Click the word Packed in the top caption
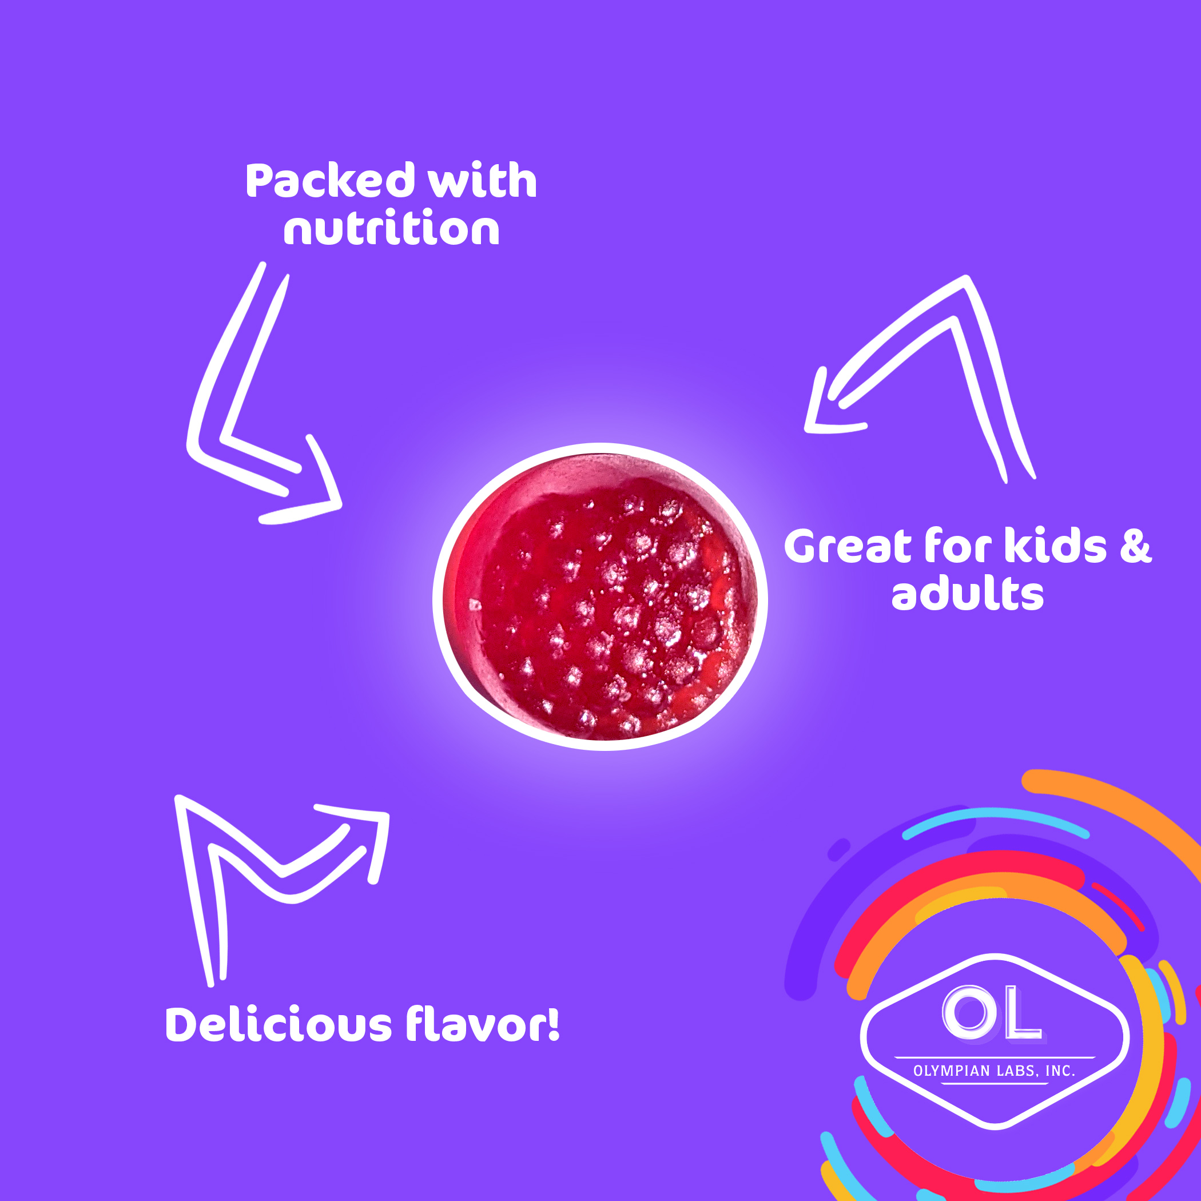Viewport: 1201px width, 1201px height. point(331,181)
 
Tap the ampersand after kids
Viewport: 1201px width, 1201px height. point(1136,546)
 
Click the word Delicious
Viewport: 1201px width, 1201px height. point(279,1024)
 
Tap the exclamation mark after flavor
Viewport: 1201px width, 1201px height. point(553,1024)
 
